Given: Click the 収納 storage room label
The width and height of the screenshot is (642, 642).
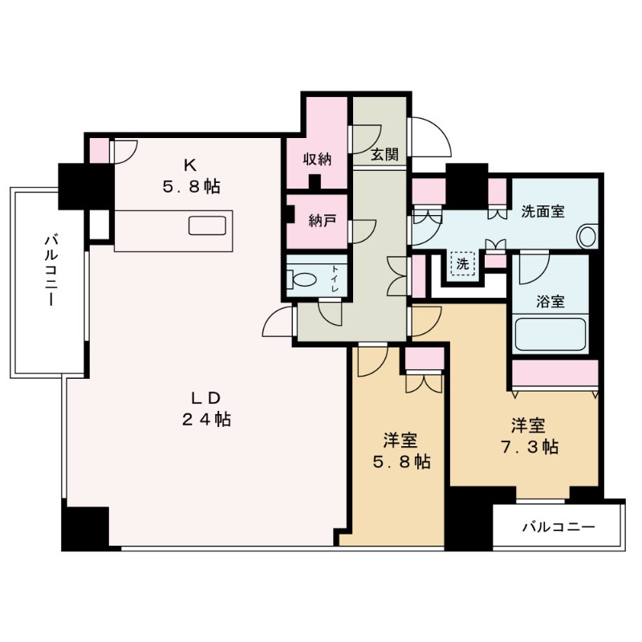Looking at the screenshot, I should [x=317, y=159].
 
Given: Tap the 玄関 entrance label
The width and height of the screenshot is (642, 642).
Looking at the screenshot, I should [x=385, y=156].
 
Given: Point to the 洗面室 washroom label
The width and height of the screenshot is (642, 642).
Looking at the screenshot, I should [x=542, y=212].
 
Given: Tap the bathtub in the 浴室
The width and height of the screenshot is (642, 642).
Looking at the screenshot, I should [x=550, y=333].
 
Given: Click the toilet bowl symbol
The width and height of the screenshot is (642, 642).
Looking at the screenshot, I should [x=306, y=282].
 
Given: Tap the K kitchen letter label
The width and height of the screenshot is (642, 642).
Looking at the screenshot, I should [x=190, y=166].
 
